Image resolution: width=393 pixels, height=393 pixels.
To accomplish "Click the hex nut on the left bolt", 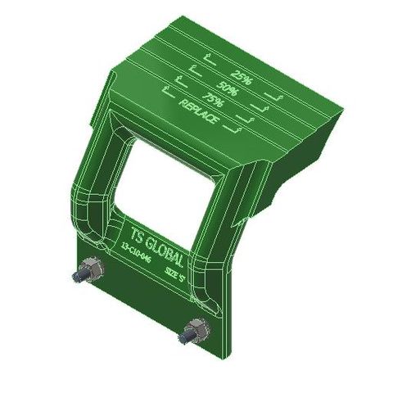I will point(92,271).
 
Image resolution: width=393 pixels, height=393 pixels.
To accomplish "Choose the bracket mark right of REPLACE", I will point(237,127).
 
